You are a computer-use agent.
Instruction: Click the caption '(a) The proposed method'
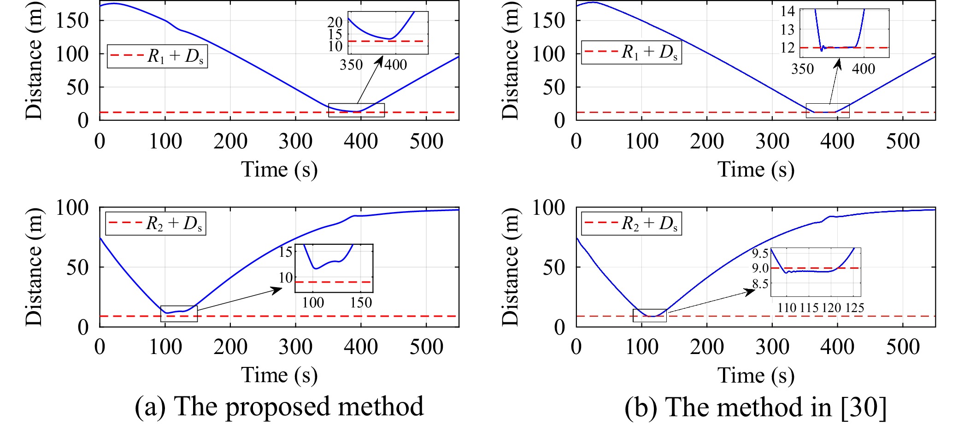(x=279, y=407)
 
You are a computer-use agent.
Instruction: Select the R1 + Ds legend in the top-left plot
(x=157, y=56)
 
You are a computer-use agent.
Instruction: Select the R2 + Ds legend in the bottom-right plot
(x=631, y=224)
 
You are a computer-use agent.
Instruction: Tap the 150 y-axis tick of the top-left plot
(x=72, y=20)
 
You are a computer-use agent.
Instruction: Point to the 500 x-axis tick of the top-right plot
(x=903, y=141)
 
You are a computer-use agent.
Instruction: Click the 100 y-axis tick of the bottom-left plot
(x=72, y=208)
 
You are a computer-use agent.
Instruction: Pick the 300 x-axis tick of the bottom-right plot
(x=772, y=347)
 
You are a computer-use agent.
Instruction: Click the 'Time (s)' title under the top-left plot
(x=279, y=169)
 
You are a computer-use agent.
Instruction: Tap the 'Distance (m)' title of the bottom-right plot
(x=510, y=266)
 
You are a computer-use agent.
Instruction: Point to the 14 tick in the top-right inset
(x=788, y=11)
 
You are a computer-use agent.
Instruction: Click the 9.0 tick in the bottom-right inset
(x=760, y=268)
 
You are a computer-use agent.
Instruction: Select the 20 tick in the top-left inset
(x=335, y=22)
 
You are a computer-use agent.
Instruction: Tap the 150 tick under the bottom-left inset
(x=361, y=302)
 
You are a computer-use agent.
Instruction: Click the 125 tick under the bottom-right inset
(x=854, y=307)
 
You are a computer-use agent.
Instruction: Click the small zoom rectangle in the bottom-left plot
(x=179, y=313)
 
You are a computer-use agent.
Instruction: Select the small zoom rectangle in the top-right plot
(x=827, y=111)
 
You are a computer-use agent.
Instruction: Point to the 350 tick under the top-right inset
(x=802, y=69)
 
